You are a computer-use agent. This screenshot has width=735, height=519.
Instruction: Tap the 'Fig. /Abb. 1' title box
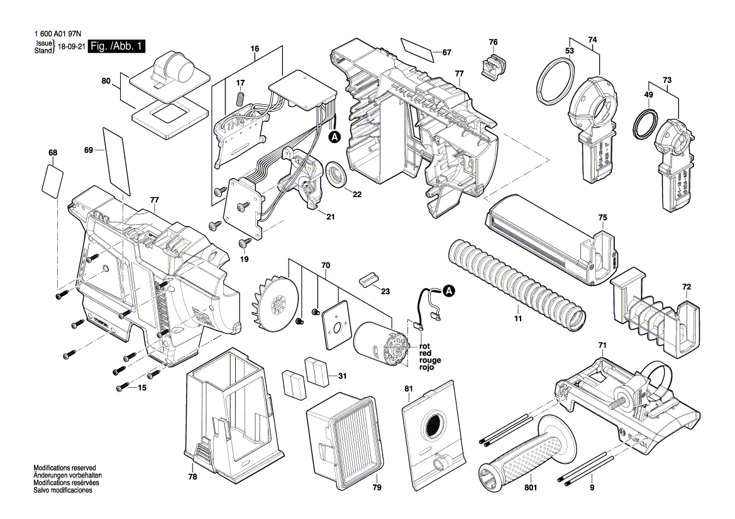[x=117, y=46]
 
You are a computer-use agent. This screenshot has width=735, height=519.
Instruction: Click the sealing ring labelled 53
[x=555, y=80]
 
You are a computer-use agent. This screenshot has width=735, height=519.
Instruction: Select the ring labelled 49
[x=646, y=125]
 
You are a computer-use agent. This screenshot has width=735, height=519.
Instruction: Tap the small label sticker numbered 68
[x=52, y=180]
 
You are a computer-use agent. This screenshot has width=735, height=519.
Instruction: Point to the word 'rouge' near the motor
[x=431, y=361]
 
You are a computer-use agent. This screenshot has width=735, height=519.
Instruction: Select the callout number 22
[x=357, y=194]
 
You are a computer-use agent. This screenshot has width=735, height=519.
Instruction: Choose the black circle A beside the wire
[x=449, y=291]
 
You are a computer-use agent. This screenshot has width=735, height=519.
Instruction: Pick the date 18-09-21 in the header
[x=71, y=47]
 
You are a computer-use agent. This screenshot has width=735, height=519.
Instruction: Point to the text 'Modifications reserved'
[x=64, y=468]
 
